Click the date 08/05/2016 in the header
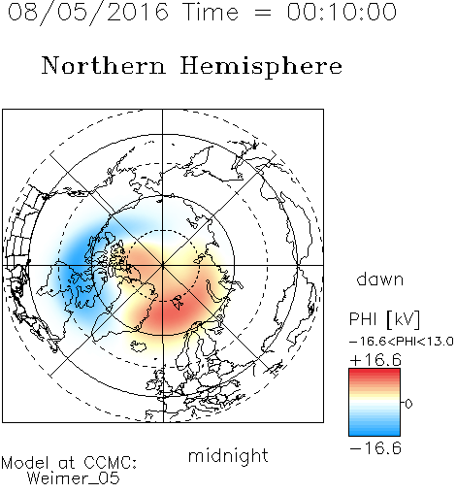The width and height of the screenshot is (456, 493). pos(88,13)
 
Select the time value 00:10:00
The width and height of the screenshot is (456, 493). pos(342,12)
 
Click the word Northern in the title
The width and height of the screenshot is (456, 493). pos(104,65)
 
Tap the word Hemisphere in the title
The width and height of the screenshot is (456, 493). pos(261,67)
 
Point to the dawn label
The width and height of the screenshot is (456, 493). pos(380,279)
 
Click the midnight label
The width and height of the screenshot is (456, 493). pos(228,456)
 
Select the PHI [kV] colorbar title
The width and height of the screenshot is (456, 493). pos(384,319)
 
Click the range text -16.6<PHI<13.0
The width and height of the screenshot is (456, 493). pos(402,342)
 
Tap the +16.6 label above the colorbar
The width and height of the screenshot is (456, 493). pos(375,360)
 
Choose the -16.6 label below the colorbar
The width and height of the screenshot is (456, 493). pos(375,448)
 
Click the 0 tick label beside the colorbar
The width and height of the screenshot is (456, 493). pos(408,404)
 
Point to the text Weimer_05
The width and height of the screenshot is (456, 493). pos(73,477)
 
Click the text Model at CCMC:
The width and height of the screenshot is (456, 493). pos(69,463)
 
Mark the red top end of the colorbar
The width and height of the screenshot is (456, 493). pos(375,371)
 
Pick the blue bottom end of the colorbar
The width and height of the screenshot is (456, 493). pos(375,434)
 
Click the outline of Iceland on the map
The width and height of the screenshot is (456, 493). pos(139,345)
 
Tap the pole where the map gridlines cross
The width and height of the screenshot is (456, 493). pos(163,265)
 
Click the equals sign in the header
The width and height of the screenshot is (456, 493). pos(262,13)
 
